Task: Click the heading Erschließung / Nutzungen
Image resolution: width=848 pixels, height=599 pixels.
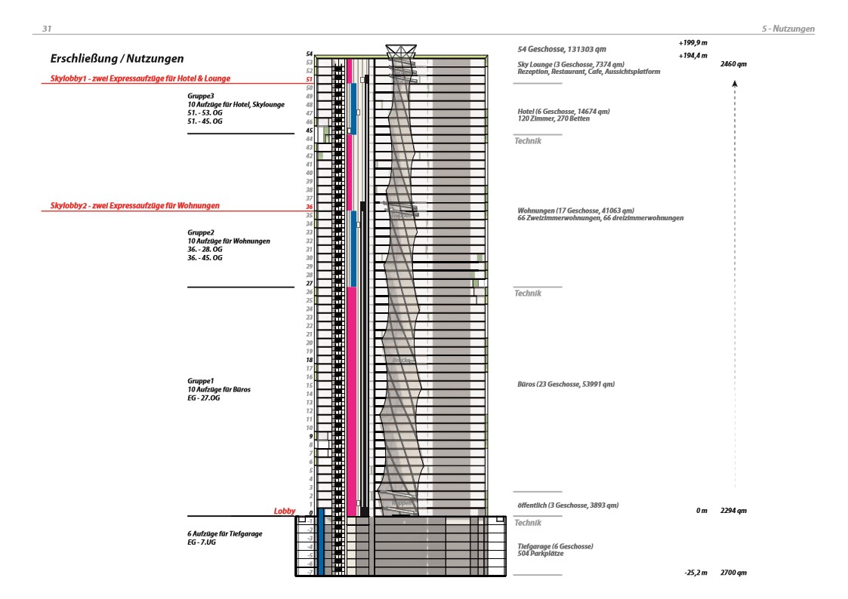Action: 117,58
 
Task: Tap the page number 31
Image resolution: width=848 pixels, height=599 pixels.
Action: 47,29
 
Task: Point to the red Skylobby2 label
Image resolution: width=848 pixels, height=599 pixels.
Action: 135,205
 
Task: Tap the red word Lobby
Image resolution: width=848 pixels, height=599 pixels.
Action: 284,511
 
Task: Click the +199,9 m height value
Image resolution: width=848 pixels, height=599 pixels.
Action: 692,42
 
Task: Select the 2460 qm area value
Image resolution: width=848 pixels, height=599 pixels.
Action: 734,64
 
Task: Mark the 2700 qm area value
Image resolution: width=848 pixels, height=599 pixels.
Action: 734,573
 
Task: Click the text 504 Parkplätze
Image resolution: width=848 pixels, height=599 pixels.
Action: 540,553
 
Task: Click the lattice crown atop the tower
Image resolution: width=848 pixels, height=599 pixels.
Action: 401,51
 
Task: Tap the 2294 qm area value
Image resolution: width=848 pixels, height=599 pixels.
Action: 734,511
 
